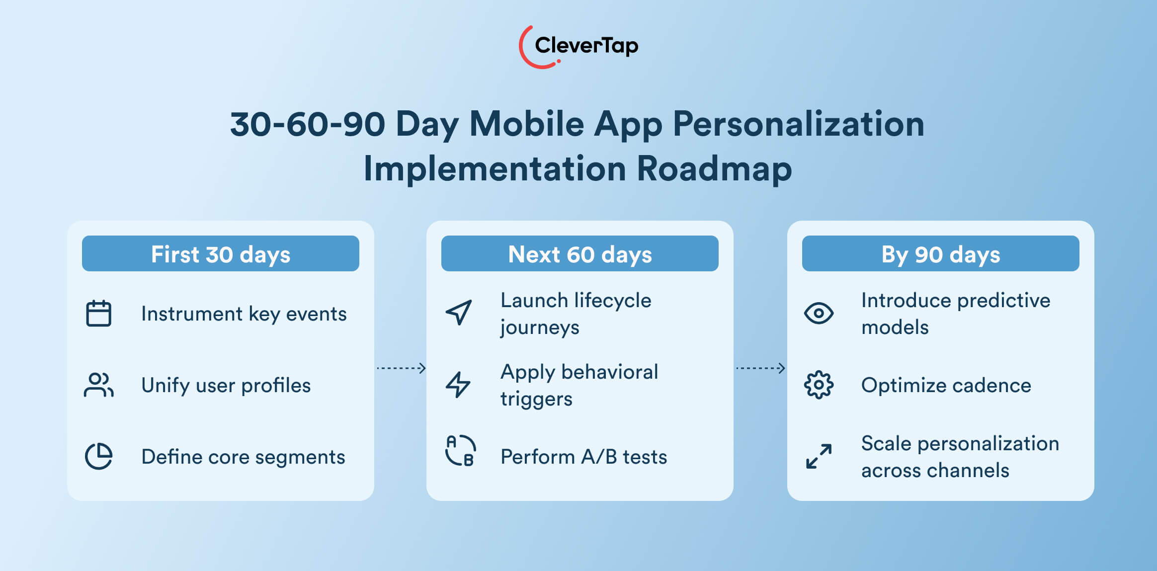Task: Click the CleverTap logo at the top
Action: click(578, 46)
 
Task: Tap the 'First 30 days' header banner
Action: click(220, 254)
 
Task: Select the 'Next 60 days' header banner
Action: click(579, 254)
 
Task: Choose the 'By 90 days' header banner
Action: click(940, 254)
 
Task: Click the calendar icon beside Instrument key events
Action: click(98, 314)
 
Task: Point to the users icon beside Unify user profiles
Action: click(98, 385)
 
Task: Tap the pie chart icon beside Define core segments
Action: click(98, 456)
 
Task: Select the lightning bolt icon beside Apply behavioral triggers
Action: click(458, 385)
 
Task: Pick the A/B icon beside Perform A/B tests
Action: click(460, 451)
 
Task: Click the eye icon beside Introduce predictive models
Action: click(819, 313)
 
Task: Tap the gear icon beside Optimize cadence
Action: click(819, 385)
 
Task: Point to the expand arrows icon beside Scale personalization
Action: click(819, 456)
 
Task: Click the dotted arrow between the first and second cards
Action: click(401, 368)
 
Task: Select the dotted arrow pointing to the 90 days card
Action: click(760, 368)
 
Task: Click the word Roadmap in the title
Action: click(714, 169)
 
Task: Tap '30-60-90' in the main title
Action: click(308, 124)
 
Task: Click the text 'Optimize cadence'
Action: click(946, 386)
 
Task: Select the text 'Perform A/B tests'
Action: click(583, 457)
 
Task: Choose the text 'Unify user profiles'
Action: click(226, 386)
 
